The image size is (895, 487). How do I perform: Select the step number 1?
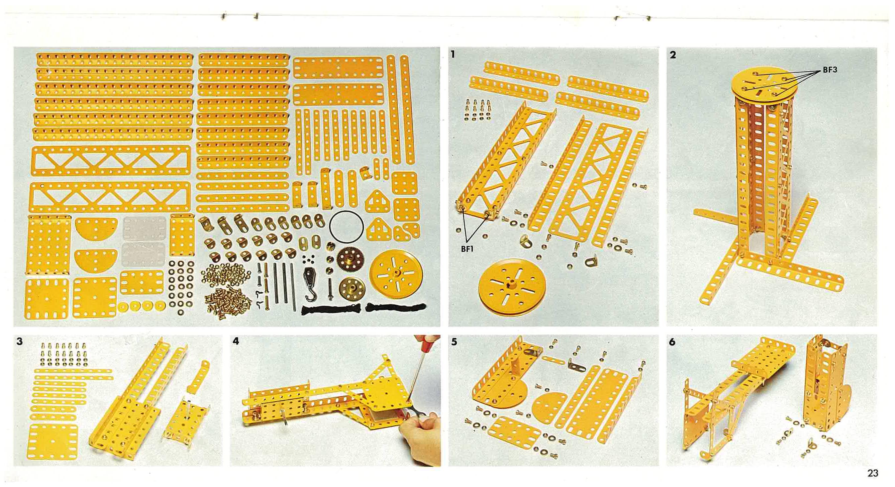click(453, 54)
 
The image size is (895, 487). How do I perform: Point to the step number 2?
click(673, 55)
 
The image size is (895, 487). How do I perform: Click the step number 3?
click(19, 341)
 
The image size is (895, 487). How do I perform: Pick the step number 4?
click(236, 341)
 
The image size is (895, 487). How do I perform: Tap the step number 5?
click(455, 342)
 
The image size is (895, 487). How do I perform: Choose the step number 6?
click(672, 342)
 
